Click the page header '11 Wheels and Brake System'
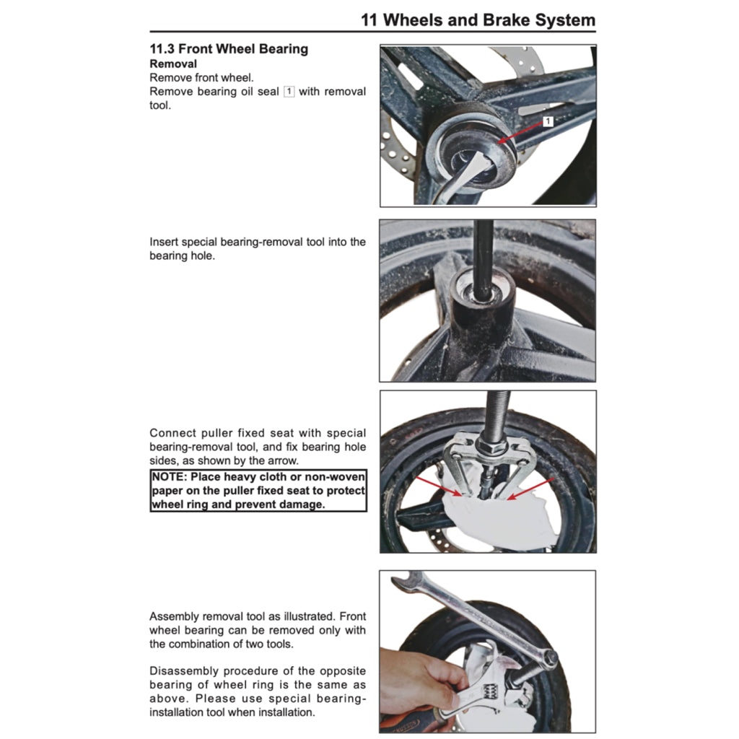coord(478,19)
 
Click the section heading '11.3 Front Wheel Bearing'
coord(229,49)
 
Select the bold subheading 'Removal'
coord(173,64)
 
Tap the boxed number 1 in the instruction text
coord(289,92)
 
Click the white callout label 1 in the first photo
coord(548,121)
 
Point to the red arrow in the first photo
coord(521,132)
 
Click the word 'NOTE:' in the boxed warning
coord(170,477)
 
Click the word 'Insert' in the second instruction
coord(164,242)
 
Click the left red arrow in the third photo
coord(437,486)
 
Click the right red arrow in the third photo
coord(530,488)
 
